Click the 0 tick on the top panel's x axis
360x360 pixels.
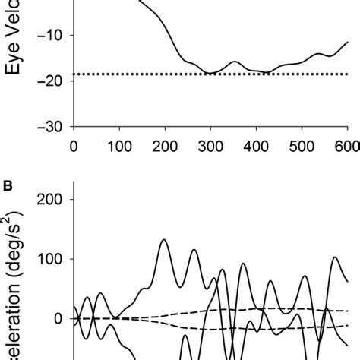tap(74, 144)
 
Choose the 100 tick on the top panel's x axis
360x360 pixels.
tap(119, 144)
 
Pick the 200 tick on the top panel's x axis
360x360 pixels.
tap(165, 144)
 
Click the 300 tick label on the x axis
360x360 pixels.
tap(210, 144)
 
